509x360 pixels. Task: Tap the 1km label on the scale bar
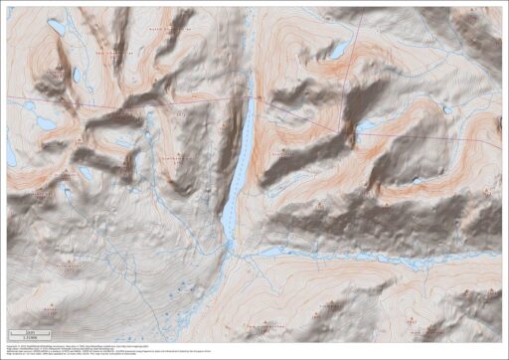tap(30, 332)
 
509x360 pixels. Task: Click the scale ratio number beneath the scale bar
tap(30, 339)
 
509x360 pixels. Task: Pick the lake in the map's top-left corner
tap(56, 27)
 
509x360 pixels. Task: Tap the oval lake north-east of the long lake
tap(338, 49)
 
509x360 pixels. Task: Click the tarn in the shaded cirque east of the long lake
tap(370, 125)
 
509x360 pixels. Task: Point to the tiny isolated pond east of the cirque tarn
tap(444, 111)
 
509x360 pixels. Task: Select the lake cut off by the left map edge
tap(11, 151)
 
